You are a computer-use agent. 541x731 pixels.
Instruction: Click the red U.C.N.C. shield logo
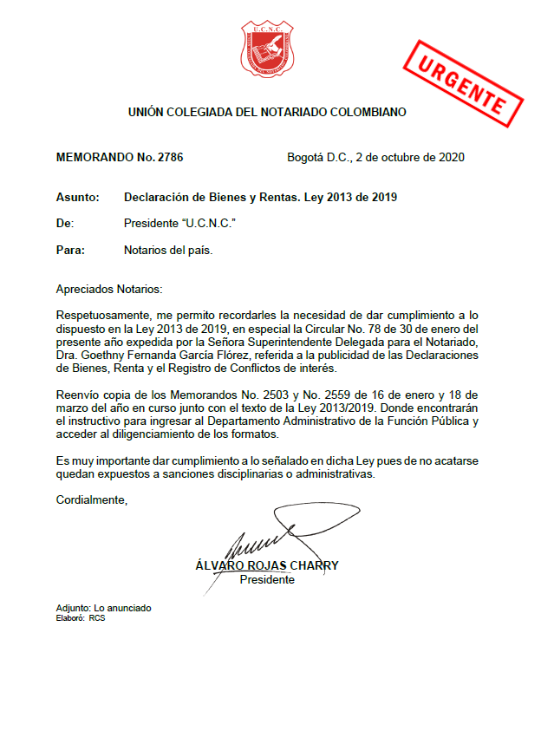(x=267, y=49)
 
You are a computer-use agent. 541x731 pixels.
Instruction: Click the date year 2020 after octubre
(x=452, y=158)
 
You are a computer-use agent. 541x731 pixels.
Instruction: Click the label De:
(x=64, y=224)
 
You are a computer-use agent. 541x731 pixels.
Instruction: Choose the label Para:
(x=69, y=251)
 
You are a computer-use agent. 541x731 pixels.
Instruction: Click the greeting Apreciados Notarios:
(x=108, y=288)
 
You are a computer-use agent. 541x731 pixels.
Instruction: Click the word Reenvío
(x=77, y=395)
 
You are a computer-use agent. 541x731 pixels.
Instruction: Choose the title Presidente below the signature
(x=266, y=579)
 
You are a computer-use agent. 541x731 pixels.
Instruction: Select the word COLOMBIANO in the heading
(x=363, y=112)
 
